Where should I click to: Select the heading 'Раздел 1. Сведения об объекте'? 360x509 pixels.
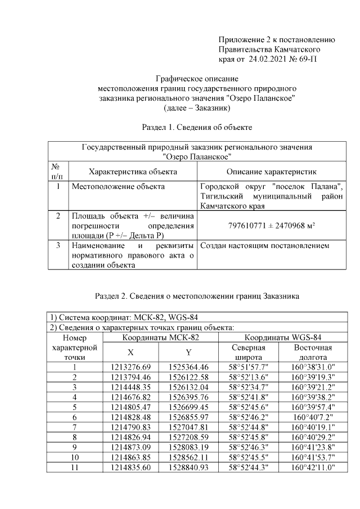tap(196, 128)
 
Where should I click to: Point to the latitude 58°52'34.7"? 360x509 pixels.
tap(252, 388)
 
